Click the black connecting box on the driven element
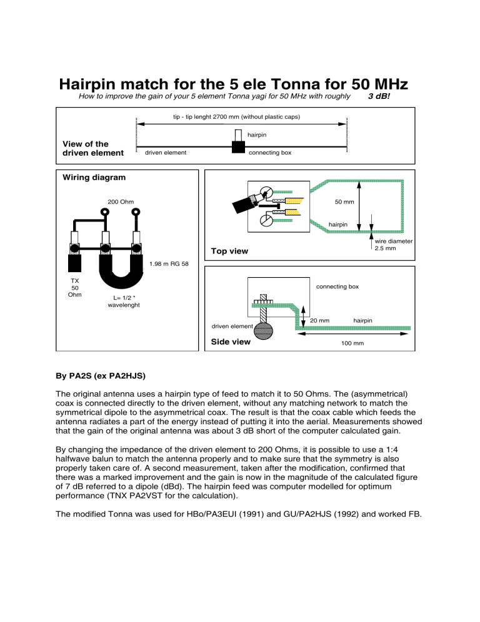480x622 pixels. coord(237,146)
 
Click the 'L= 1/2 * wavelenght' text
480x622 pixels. coord(123,300)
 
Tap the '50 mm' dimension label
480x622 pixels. coord(345,202)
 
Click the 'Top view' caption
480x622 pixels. coord(229,251)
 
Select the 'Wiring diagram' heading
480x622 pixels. coord(94,177)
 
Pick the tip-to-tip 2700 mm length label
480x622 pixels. coord(241,117)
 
